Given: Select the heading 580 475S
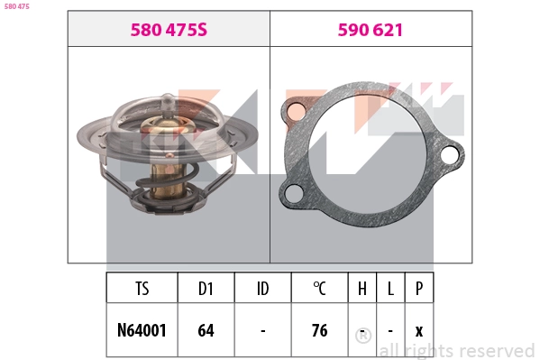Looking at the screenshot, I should [169, 30].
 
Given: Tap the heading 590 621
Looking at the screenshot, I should [370, 30].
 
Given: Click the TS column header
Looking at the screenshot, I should [142, 289].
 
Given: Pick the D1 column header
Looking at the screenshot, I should [206, 289].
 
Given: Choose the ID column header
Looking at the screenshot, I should [262, 289].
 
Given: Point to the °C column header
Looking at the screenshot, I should [319, 289].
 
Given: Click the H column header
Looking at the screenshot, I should [362, 289].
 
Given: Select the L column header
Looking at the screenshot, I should [390, 289].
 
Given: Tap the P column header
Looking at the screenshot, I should [419, 289].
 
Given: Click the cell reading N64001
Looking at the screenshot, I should [142, 330].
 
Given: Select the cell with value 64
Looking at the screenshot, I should [206, 330].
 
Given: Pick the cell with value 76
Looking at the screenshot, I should [319, 330].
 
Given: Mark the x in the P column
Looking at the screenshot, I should [419, 330].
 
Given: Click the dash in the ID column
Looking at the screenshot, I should [262, 330].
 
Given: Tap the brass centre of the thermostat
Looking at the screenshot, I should [168, 135].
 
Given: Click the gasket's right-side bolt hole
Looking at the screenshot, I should [449, 155].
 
